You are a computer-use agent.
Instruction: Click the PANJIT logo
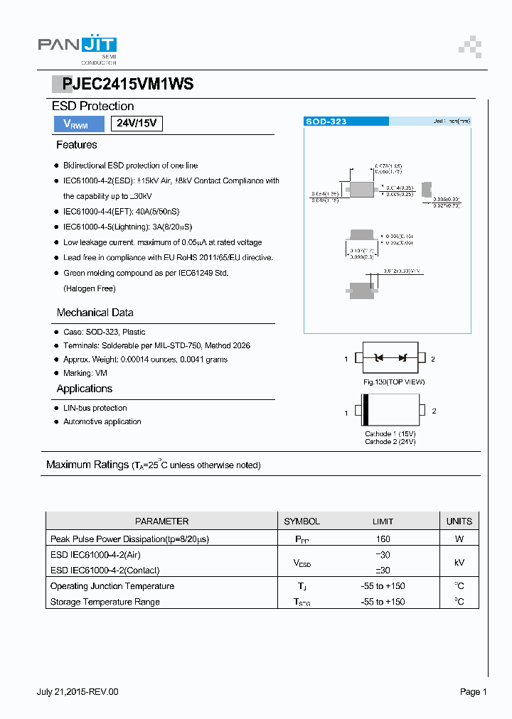[77, 47]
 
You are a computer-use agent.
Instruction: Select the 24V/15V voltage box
[137, 123]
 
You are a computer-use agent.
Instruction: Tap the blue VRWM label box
[76, 124]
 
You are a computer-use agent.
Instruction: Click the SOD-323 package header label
[326, 121]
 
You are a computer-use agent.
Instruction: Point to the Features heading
[77, 145]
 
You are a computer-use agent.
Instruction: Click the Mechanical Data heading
[95, 313]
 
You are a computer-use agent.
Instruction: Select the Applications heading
[85, 389]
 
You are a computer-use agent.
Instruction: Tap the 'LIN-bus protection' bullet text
[95, 408]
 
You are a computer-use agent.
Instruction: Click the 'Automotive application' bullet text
[102, 422]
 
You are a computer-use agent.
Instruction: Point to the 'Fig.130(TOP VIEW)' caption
[393, 382]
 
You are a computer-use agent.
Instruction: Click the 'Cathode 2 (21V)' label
[390, 442]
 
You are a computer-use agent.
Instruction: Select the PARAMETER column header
[161, 521]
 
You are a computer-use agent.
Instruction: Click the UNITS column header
[459, 521]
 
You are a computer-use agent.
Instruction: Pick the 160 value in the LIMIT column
[383, 539]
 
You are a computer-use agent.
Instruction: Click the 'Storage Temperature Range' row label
[105, 602]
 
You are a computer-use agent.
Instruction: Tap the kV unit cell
[459, 563]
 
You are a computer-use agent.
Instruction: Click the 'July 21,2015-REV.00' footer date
[78, 692]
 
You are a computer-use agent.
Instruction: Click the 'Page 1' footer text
[473, 692]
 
